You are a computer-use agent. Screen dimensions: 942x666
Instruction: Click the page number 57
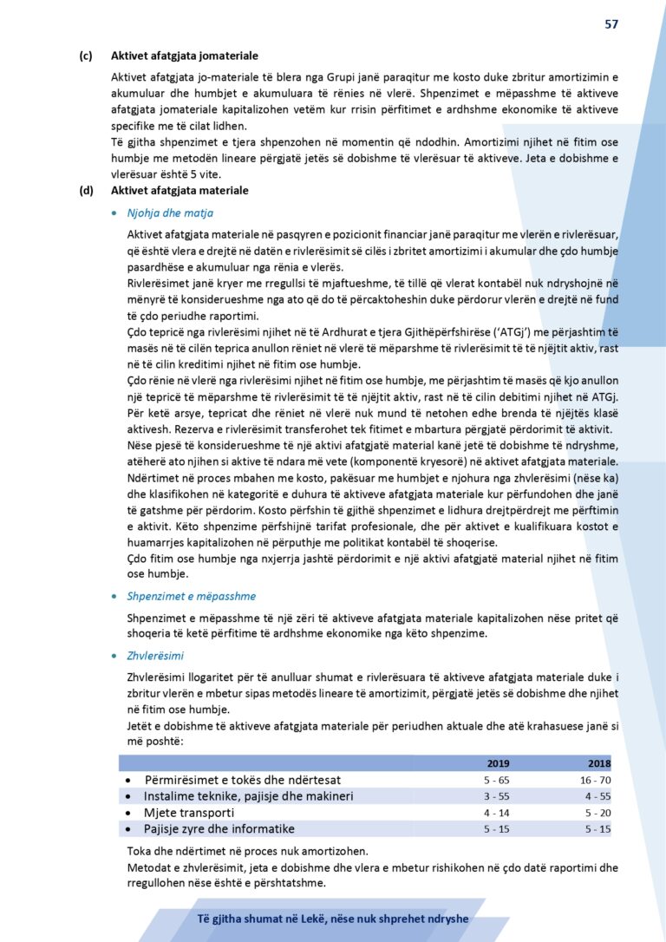click(x=611, y=24)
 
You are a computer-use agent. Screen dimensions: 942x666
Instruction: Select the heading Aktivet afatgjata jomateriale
click(x=184, y=56)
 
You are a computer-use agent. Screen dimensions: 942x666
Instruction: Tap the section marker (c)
click(x=86, y=56)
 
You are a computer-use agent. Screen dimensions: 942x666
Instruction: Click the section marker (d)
click(x=86, y=190)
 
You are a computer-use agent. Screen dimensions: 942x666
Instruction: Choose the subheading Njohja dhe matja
click(x=170, y=213)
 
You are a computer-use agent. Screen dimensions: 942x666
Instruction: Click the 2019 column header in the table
click(x=499, y=763)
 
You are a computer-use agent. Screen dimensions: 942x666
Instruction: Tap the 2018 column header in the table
click(x=598, y=763)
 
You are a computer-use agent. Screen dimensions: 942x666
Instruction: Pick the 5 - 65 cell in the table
click(x=497, y=780)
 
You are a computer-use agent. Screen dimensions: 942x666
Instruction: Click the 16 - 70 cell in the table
click(x=597, y=780)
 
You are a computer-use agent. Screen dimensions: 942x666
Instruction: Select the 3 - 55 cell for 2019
click(x=497, y=796)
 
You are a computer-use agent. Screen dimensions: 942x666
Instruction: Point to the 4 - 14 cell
click(x=497, y=813)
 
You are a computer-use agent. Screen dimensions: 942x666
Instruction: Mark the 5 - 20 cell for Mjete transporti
click(x=598, y=813)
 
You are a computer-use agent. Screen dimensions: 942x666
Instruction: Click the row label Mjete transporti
click(x=189, y=813)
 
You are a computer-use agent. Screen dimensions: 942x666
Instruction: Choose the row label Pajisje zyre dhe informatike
click(x=219, y=829)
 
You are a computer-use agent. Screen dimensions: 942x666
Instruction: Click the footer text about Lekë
click(x=332, y=919)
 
